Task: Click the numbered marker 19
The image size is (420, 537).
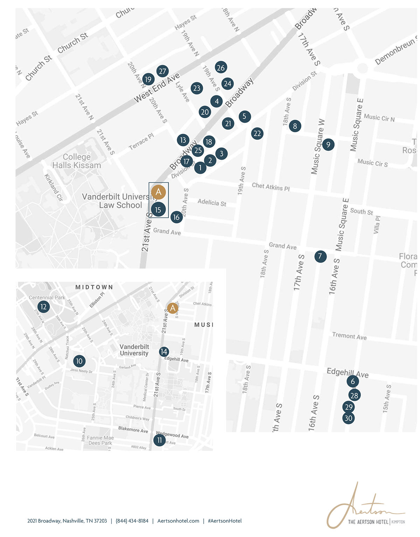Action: [148, 79]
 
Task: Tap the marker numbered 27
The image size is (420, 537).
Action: [162, 71]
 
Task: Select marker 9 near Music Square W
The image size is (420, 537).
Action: [328, 144]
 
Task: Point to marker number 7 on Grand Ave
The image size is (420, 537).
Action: [320, 256]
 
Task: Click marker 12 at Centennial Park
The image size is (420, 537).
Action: [43, 307]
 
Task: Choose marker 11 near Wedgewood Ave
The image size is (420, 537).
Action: [160, 440]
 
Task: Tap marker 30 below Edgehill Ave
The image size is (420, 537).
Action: [348, 418]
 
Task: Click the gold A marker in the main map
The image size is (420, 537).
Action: [159, 192]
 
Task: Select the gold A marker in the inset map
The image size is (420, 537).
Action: [172, 308]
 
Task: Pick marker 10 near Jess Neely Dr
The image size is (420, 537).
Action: [79, 361]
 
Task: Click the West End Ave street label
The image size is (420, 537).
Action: [157, 88]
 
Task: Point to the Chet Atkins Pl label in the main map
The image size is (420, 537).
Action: [271, 187]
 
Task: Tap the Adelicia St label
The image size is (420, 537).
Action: [212, 202]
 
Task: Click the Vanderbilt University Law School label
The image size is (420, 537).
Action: [119, 201]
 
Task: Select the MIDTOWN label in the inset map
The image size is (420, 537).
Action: [94, 287]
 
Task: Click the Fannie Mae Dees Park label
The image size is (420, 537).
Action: [100, 440]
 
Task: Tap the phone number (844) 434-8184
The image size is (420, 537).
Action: [132, 521]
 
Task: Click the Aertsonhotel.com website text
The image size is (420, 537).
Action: [178, 521]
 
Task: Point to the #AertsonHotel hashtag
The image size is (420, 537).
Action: [225, 521]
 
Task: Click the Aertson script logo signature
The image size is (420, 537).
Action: [364, 507]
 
